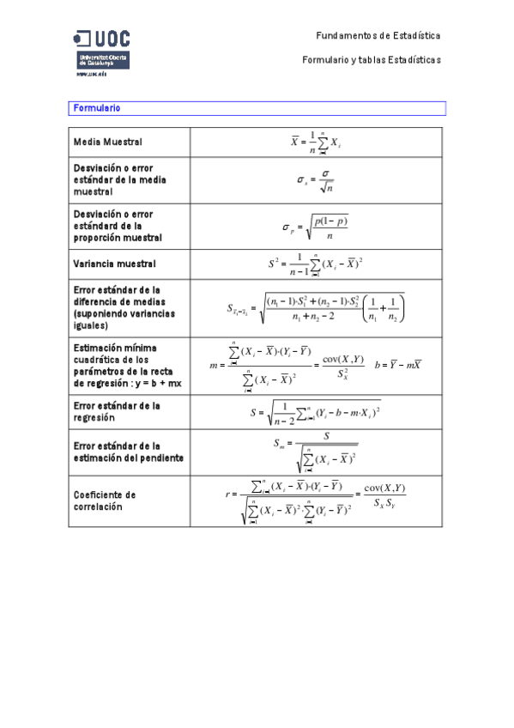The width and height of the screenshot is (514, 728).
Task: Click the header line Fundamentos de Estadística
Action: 378,36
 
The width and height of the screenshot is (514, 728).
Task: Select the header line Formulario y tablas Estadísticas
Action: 372,59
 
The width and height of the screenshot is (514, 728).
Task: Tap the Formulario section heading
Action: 97,108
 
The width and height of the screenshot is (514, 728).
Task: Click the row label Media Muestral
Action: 108,142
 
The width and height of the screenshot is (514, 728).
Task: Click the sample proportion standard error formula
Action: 316,227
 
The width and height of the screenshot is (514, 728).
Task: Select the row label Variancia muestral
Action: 115,264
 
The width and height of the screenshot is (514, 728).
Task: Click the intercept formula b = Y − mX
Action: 397,365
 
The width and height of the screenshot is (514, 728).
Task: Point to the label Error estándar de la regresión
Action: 118,410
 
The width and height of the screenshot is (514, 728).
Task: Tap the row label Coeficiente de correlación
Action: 106,500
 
